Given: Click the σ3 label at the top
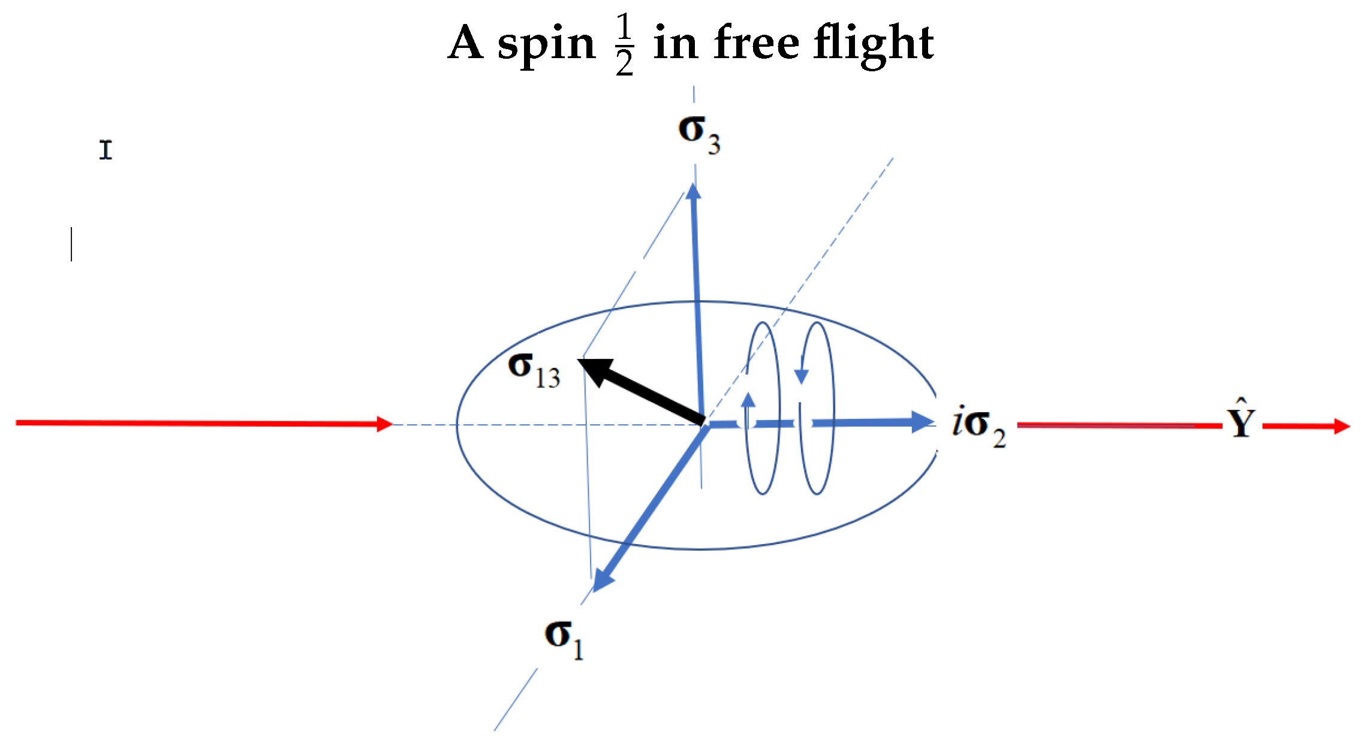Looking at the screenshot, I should click(x=698, y=134).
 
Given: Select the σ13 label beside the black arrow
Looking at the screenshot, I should click(x=534, y=370).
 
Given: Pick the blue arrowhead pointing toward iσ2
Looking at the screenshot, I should click(x=922, y=422).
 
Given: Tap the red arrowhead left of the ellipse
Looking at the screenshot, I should click(x=384, y=424).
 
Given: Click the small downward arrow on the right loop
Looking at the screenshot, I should click(x=801, y=376).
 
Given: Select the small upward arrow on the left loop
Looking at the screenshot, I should click(x=748, y=400).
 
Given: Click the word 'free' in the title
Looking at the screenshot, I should click(x=757, y=43).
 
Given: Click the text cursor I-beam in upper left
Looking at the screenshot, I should click(x=106, y=150).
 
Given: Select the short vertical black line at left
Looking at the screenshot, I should click(x=71, y=244).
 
